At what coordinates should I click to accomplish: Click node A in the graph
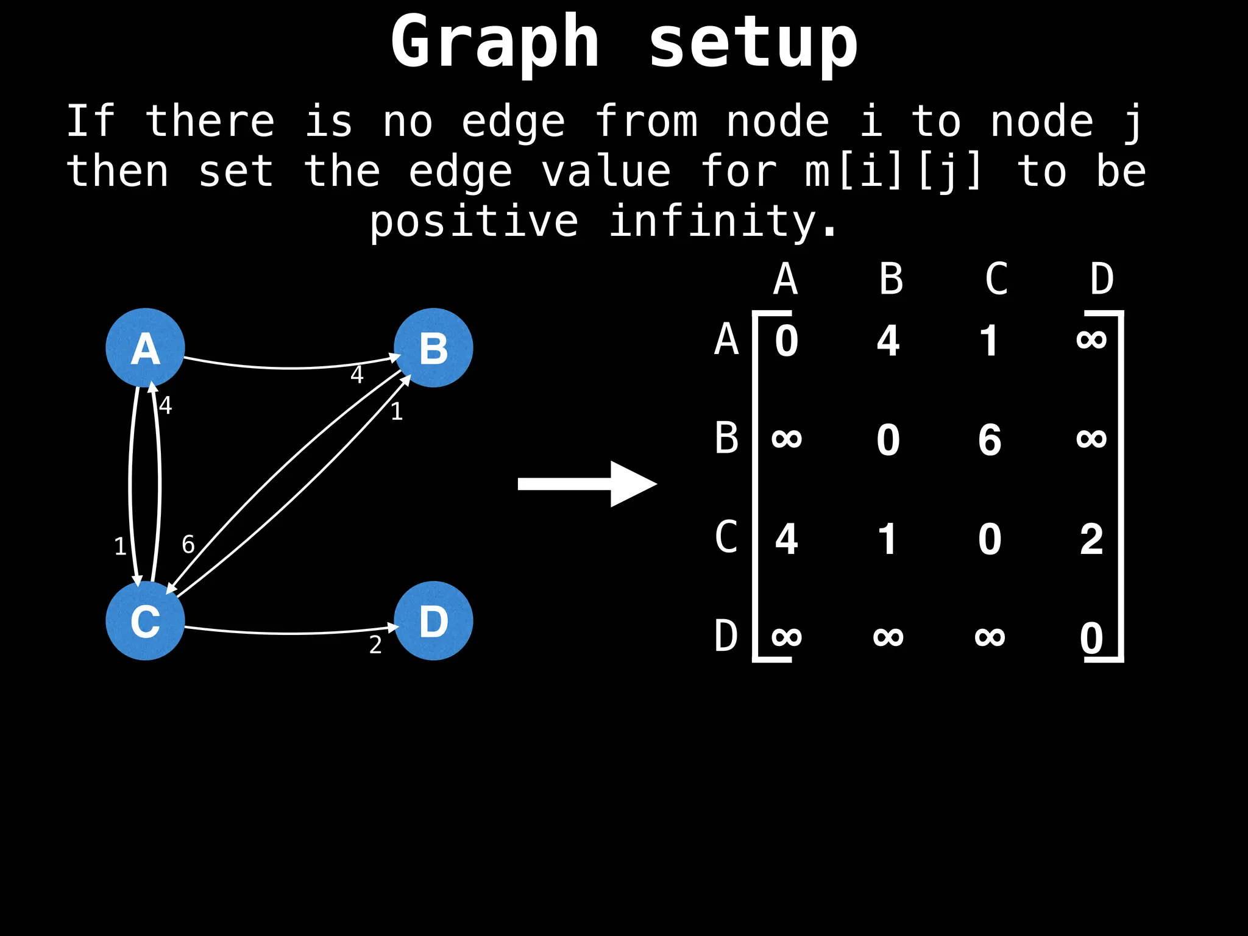[x=145, y=348]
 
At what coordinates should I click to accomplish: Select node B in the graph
[x=433, y=348]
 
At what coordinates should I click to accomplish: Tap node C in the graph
[x=145, y=620]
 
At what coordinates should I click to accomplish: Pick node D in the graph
[x=433, y=620]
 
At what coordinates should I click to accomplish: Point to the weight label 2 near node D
[x=375, y=645]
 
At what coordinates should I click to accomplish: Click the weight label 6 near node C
[x=188, y=544]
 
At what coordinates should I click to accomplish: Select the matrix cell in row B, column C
[x=990, y=439]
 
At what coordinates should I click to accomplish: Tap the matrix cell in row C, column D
[x=1091, y=539]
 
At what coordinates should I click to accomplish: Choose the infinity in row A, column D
[x=1091, y=339]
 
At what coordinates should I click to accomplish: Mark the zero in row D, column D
[x=1091, y=638]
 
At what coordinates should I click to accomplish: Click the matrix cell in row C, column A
[x=786, y=539]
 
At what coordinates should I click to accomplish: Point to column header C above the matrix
[x=996, y=280]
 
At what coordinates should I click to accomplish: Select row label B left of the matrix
[x=726, y=438]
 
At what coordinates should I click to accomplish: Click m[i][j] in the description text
[x=893, y=171]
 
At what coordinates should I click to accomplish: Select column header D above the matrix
[x=1102, y=280]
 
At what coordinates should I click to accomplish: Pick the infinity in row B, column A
[x=786, y=438]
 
